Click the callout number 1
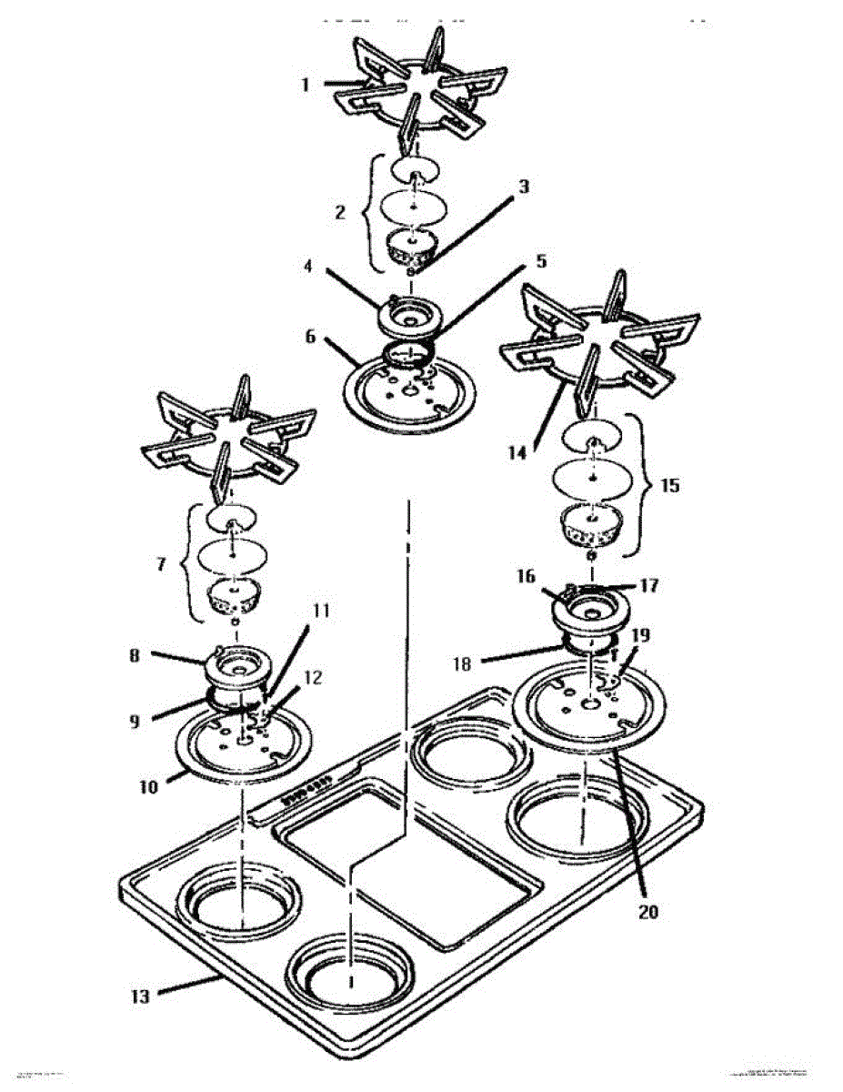coord(306,84)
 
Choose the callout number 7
coord(161,564)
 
